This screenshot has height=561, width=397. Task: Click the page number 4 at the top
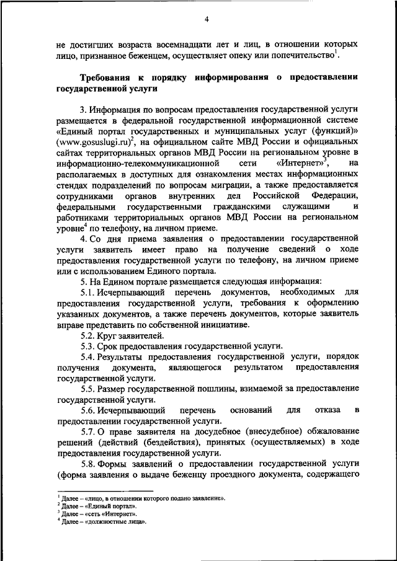click(x=207, y=18)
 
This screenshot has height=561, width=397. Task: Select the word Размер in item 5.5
click(x=116, y=389)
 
